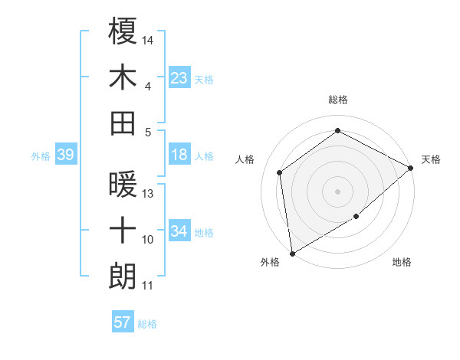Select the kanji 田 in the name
(x=123, y=123)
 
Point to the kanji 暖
(x=123, y=185)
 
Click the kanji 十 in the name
(x=123, y=230)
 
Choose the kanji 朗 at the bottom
(x=123, y=275)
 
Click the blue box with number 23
(x=179, y=77)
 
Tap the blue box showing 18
(x=179, y=155)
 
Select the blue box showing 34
(x=179, y=232)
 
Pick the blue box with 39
(x=65, y=155)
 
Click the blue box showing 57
(x=123, y=322)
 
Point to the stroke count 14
(x=149, y=39)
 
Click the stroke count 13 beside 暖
(x=148, y=193)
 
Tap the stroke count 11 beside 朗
(x=148, y=286)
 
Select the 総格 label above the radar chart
(x=338, y=100)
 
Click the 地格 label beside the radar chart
(x=402, y=263)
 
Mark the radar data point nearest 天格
(x=411, y=168)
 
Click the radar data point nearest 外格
(x=292, y=253)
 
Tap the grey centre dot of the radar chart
(x=337, y=191)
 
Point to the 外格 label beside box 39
(x=41, y=156)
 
